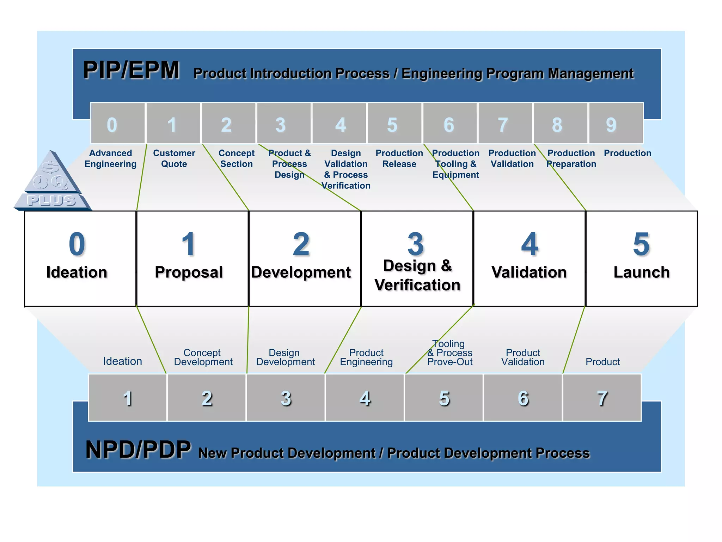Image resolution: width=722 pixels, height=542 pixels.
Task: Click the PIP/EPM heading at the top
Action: tap(131, 70)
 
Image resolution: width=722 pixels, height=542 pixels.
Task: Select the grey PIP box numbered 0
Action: tap(118, 124)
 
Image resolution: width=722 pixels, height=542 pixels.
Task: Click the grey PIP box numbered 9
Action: tap(616, 124)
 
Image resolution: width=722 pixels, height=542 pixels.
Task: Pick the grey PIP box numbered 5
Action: tap(394, 124)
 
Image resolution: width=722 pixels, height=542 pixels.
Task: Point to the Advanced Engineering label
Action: tap(110, 158)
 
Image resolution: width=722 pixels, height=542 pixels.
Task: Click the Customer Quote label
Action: tap(174, 158)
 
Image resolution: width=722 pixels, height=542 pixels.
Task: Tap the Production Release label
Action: tap(399, 158)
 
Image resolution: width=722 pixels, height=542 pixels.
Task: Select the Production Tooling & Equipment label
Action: tap(455, 164)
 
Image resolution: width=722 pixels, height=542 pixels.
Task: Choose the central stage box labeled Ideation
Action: tap(80, 259)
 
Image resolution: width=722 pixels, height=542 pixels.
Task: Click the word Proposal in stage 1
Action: tap(189, 272)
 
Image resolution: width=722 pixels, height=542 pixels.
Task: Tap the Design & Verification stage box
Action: tap(417, 259)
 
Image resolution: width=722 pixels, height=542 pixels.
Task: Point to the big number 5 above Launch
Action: tap(641, 244)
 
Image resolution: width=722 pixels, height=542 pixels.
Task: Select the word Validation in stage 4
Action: tap(529, 272)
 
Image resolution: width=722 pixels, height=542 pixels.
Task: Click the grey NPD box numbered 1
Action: tap(127, 398)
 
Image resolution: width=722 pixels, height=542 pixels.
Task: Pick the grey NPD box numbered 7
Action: tap(602, 398)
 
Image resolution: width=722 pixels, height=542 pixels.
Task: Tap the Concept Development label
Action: tap(203, 357)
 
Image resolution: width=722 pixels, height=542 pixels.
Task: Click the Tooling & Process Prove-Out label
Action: tap(450, 353)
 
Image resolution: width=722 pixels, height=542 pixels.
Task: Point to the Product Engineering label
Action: tap(366, 357)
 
